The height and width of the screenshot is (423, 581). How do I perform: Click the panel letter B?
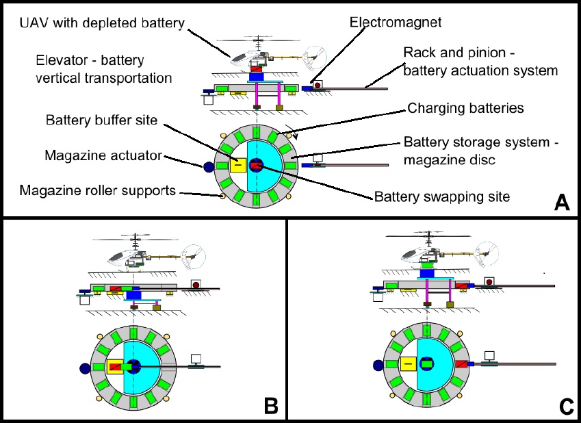point(271,406)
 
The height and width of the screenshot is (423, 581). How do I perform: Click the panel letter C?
point(566,406)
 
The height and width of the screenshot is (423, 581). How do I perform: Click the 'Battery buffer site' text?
point(101,120)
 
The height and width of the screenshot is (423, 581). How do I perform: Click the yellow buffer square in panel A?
point(237,164)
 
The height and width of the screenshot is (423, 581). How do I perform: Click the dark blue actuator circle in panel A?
point(208,165)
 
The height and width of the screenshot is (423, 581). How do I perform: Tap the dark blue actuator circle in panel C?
point(377,365)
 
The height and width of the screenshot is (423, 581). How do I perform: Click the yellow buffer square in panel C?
point(408,364)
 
